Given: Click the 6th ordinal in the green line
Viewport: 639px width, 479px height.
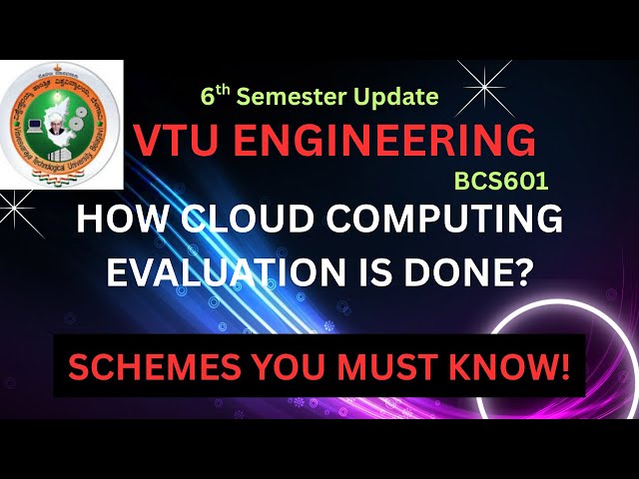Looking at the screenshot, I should pos(214,96).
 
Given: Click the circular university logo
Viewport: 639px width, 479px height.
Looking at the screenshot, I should pos(60,124).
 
